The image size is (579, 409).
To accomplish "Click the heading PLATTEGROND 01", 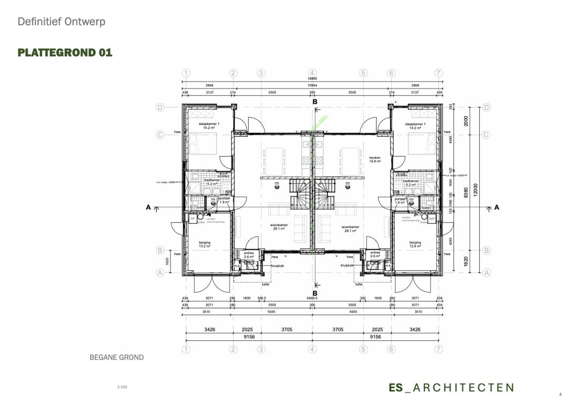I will point(65,53).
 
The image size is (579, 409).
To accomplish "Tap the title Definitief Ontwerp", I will point(61,22).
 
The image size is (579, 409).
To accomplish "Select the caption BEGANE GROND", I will point(116,357).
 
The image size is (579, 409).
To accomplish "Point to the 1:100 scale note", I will point(122,386).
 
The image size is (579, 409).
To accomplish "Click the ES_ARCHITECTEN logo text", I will point(451,388).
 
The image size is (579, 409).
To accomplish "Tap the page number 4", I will point(560,395).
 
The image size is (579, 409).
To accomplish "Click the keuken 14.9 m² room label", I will point(375,159).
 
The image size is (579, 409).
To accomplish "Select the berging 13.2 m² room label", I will point(204,244).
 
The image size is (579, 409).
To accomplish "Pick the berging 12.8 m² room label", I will point(415,244).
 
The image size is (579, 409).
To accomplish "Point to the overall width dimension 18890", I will point(312,79).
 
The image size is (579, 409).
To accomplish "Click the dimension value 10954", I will point(312,85).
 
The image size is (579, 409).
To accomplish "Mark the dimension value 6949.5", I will point(312,298).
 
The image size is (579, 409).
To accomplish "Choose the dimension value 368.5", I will point(262,298).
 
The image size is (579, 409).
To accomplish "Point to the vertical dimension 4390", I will point(450,139).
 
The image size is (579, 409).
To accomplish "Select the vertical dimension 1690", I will point(450,182).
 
